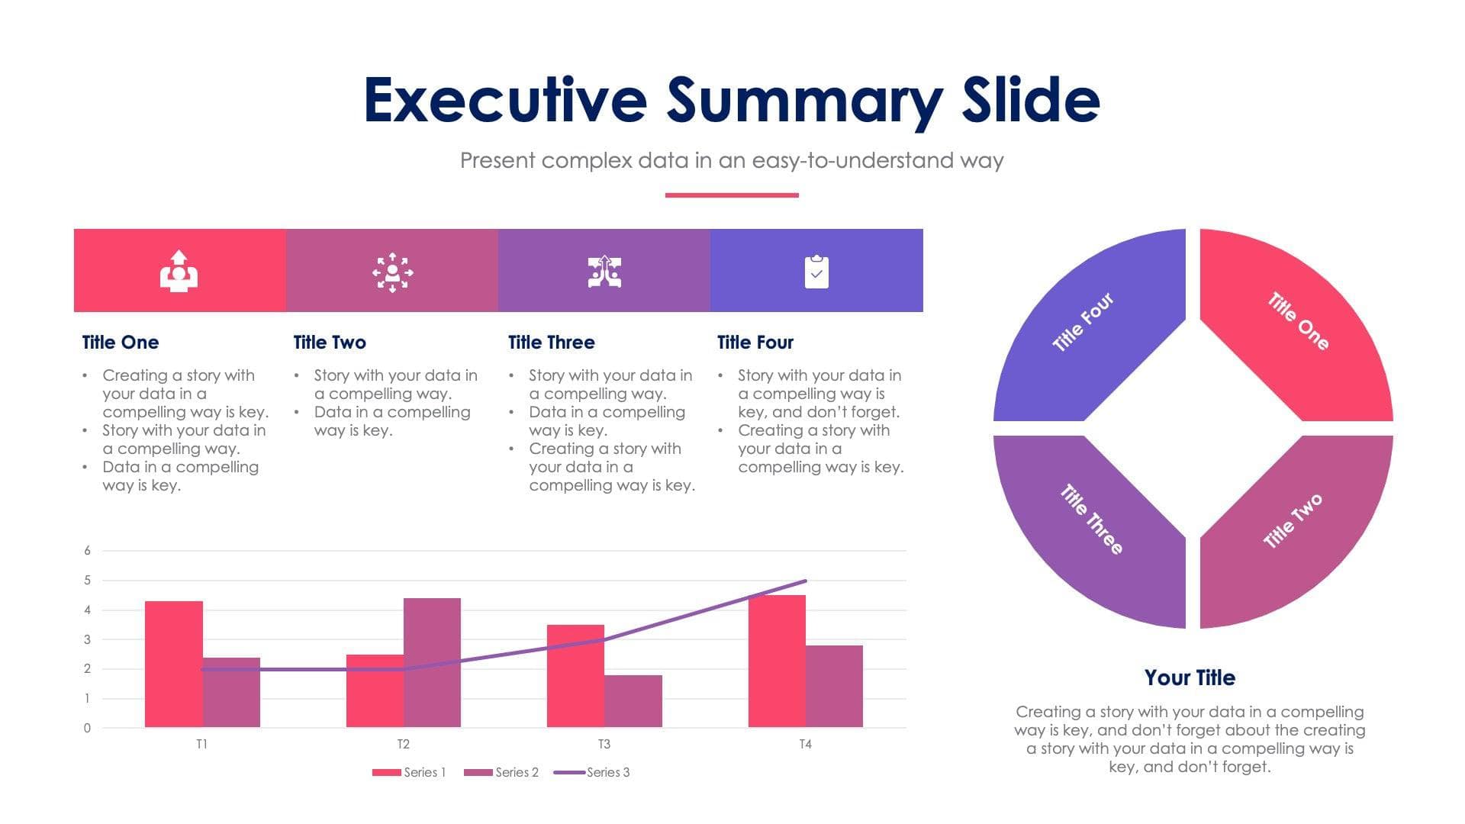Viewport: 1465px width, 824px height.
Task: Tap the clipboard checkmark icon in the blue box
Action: coord(816,272)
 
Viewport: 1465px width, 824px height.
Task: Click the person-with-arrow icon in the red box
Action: coord(179,272)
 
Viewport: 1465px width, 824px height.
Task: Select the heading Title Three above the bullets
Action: coord(551,343)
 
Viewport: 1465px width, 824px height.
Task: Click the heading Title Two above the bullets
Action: coord(330,343)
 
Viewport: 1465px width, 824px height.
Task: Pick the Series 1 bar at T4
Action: coord(777,661)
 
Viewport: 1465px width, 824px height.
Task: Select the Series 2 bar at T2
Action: coord(432,662)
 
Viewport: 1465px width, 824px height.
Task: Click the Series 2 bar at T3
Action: coord(633,700)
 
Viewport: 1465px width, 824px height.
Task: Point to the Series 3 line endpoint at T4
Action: coord(805,581)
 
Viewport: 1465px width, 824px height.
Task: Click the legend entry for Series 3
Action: coord(592,772)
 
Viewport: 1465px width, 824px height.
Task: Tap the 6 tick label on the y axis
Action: coord(87,550)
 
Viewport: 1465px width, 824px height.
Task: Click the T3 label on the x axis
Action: coord(604,744)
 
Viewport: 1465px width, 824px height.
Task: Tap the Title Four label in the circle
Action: coord(1083,322)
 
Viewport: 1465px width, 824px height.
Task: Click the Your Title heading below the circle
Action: coord(1190,678)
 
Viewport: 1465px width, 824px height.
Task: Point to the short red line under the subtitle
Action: coord(732,195)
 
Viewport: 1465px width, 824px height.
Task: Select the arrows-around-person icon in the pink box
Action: coord(392,272)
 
